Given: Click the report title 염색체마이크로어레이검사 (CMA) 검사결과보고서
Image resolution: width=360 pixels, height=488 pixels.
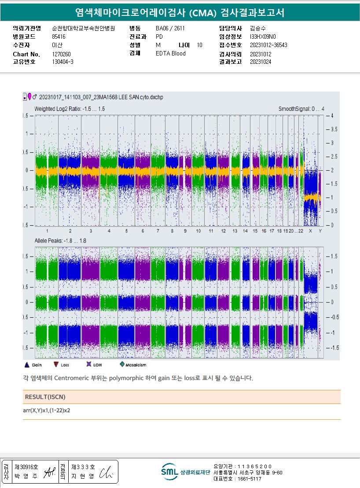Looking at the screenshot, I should pos(180,13).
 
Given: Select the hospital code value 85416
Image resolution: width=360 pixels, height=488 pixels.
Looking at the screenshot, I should pos(59,37).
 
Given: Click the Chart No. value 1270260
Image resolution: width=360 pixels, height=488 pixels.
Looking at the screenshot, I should pos(62,54).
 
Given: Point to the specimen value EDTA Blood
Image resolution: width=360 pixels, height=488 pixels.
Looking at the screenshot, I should pos(171,54).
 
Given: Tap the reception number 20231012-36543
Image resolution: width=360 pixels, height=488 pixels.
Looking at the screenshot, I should pos(268,45).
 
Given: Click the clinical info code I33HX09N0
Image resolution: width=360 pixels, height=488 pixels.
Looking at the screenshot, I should pos(263,37).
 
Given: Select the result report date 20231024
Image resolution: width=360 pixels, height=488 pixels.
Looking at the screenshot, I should pos(261,62).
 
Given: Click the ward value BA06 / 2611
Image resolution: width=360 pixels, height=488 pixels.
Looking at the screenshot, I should pos(170,29).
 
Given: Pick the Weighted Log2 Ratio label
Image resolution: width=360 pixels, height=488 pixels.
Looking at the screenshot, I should pos(70,109).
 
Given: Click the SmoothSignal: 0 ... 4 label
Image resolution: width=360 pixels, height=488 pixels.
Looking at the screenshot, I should pos(301,109).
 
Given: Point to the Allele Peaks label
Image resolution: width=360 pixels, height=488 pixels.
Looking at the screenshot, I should pos(60,241).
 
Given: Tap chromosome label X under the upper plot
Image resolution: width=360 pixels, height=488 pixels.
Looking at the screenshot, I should pos(310,231).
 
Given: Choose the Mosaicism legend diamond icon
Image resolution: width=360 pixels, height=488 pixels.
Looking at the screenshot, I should pos(122,364).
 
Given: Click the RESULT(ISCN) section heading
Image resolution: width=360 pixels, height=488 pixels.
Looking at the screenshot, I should pos(45,397).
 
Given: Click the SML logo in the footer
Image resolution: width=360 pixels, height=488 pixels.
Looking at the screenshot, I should pos(169,472).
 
